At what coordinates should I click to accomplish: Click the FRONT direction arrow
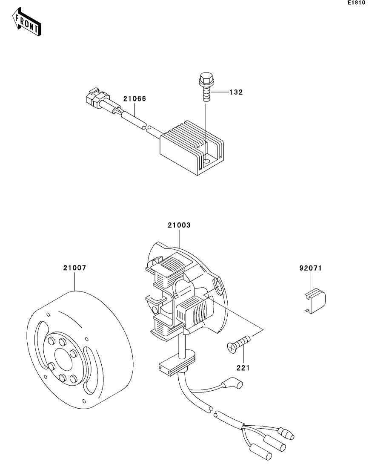click(x=26, y=22)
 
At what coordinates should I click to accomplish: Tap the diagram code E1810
click(x=356, y=3)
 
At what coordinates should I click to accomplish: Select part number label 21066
click(x=135, y=98)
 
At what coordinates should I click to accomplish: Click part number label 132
click(x=236, y=92)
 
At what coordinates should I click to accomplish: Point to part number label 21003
click(x=179, y=225)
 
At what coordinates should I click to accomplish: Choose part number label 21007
click(x=74, y=268)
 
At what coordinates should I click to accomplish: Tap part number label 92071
click(x=311, y=268)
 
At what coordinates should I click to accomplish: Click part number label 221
click(x=243, y=368)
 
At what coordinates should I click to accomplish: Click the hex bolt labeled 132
click(x=206, y=87)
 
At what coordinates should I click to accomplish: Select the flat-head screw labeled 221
click(x=239, y=344)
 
